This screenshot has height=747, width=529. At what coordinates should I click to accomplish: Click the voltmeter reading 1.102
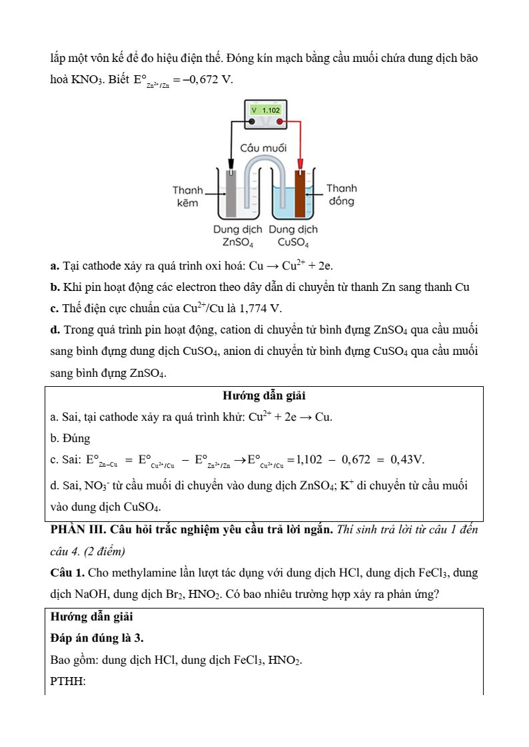(265, 110)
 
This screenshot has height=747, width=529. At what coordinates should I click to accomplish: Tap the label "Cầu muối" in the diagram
(263, 147)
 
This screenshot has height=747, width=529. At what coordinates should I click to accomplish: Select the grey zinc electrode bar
(231, 193)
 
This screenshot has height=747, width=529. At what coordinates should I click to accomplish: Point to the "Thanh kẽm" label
(187, 196)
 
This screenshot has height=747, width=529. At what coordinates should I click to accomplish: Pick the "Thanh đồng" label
(341, 195)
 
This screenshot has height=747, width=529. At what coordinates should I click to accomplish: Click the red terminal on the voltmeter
(280, 122)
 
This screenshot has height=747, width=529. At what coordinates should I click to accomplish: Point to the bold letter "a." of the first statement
(55, 266)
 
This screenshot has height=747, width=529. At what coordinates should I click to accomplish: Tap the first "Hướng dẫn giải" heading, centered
(264, 396)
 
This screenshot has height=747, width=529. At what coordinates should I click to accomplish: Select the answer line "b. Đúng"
(70, 439)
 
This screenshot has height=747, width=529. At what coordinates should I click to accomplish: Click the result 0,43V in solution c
(407, 459)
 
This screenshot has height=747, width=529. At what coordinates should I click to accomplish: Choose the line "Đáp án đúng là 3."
(97, 638)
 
